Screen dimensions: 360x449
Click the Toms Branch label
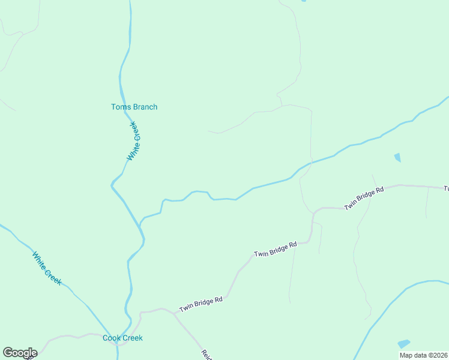134,107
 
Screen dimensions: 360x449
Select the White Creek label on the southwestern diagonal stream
47,268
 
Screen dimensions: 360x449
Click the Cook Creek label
122,338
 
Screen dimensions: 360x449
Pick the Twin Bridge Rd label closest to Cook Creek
200,304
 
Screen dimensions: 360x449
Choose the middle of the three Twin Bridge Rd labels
276,250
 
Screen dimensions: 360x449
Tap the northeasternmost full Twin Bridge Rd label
364,199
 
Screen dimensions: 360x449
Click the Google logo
20,353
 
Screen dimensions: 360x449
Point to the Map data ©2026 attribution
423,355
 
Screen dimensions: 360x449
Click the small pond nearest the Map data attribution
403,344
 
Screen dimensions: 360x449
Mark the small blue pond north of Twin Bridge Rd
397,158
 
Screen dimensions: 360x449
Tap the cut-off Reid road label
206,355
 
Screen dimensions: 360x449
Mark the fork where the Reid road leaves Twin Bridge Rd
175,314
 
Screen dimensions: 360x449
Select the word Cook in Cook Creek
112,338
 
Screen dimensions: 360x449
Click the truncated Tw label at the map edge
446,188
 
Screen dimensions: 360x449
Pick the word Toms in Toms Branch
119,107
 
